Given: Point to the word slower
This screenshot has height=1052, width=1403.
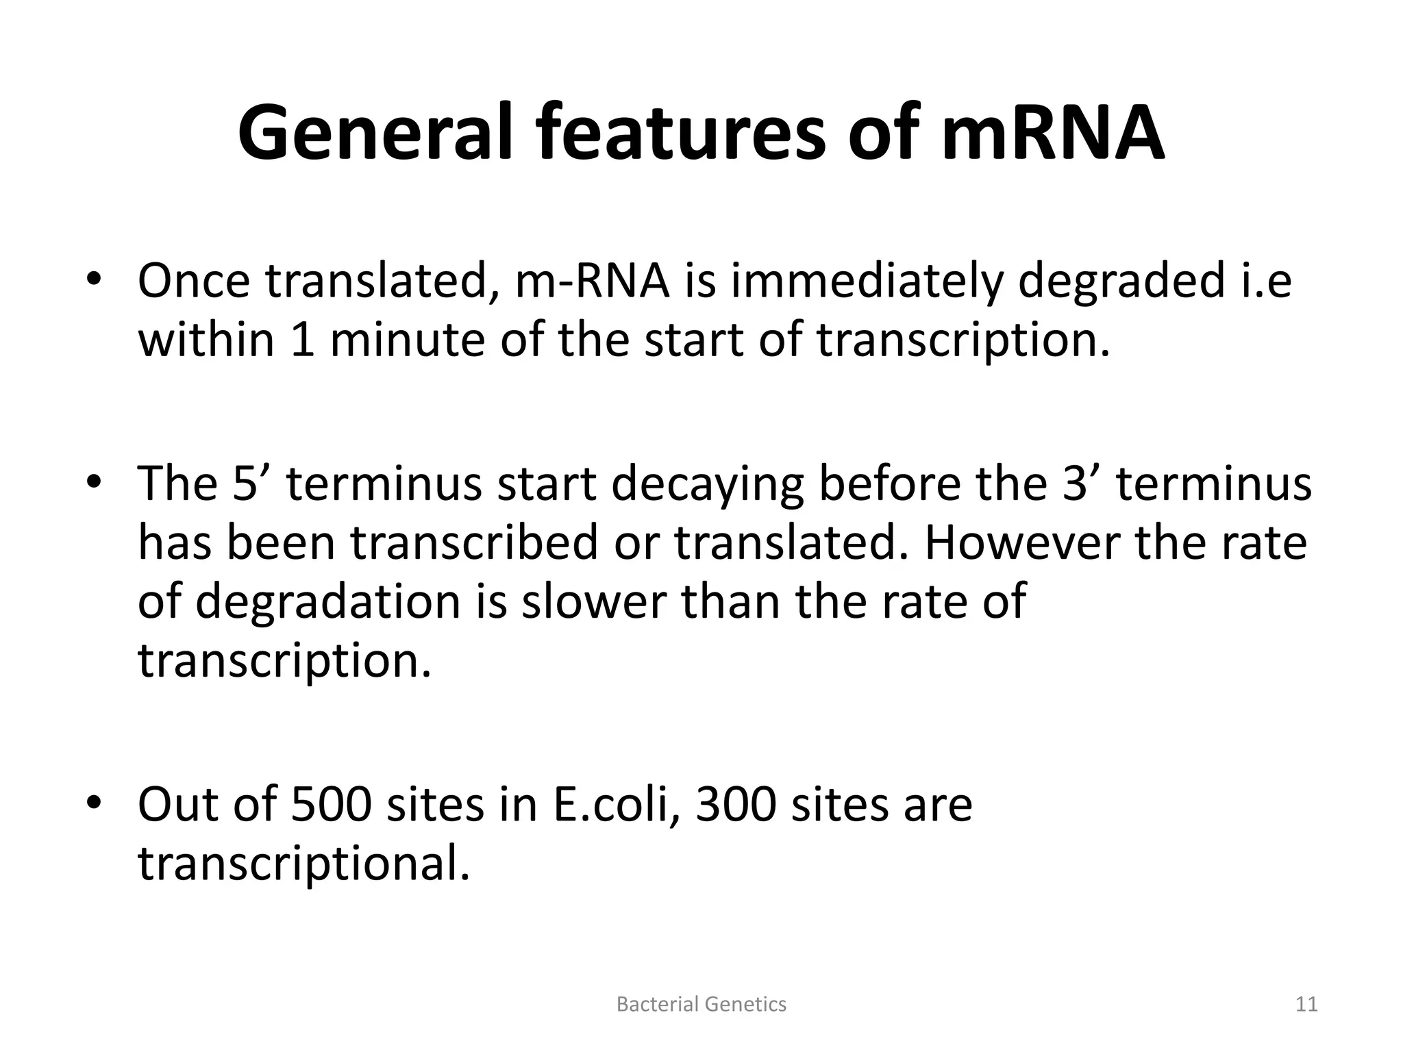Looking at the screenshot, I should tap(594, 601).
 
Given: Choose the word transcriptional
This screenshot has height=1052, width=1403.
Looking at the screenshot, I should tap(304, 864).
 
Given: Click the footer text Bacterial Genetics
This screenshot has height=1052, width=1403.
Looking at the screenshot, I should tap(701, 1004).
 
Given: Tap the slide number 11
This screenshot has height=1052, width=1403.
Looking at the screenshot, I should tap(1306, 1004).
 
